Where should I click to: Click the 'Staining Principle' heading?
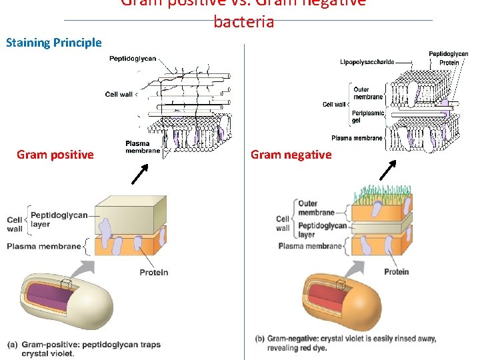click(x=54, y=43)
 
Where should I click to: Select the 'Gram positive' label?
click(x=55, y=155)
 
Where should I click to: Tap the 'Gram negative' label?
click(x=291, y=155)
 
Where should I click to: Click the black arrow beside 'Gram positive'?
click(x=139, y=173)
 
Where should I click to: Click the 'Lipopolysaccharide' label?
click(x=367, y=63)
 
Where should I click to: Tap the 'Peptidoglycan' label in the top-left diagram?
click(x=133, y=59)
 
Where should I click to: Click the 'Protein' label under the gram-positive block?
click(x=153, y=272)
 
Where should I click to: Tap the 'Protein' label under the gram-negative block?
click(x=397, y=271)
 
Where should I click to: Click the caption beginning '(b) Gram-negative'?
click(x=345, y=343)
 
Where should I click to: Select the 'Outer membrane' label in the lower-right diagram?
click(x=317, y=208)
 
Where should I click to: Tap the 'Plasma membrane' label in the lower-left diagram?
click(x=43, y=247)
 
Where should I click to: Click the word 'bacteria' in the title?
click(x=243, y=22)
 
